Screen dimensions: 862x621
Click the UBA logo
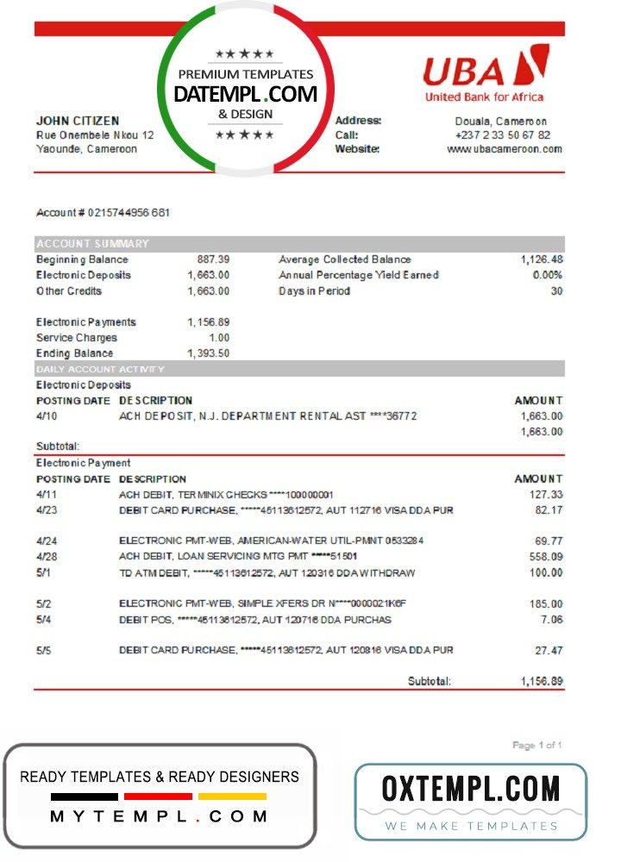tap(484, 73)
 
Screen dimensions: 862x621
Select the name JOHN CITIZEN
tap(78, 122)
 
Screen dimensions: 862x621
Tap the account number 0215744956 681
tap(103, 213)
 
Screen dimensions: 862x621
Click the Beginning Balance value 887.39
tap(213, 259)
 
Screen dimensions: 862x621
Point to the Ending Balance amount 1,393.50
tap(208, 353)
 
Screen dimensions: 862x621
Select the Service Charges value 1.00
tap(219, 338)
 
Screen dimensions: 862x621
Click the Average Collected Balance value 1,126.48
tap(542, 259)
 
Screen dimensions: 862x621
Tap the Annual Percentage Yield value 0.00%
tap(548, 275)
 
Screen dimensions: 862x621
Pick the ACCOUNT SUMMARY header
tap(92, 244)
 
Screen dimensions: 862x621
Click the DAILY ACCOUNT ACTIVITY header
tap(100, 369)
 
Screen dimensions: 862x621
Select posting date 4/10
tap(45, 416)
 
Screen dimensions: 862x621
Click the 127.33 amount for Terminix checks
tap(546, 495)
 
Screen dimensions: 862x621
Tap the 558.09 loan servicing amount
tap(546, 557)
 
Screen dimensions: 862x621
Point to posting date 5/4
tap(44, 620)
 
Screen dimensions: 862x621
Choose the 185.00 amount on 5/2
tap(546, 604)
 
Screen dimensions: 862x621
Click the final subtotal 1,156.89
tap(542, 681)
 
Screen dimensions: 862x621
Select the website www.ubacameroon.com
tap(505, 149)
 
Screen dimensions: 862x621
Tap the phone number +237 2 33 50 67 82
tap(503, 135)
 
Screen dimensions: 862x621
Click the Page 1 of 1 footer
tap(537, 745)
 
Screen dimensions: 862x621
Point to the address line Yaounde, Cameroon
tap(86, 149)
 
